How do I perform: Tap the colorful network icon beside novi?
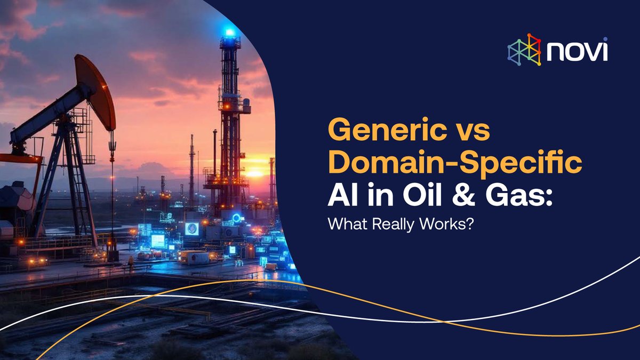click(x=524, y=50)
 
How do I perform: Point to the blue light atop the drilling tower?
click(x=230, y=33)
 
